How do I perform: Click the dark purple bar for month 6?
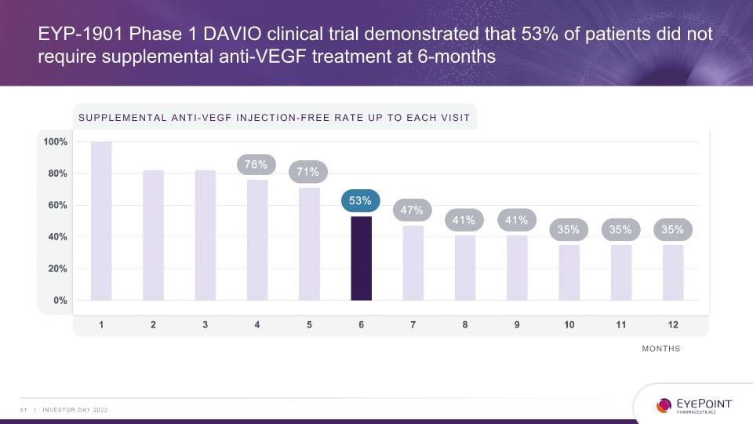tap(361, 258)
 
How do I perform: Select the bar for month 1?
tap(101, 221)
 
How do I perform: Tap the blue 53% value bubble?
tap(360, 200)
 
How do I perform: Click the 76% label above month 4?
tap(256, 164)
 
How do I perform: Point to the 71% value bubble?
tap(307, 172)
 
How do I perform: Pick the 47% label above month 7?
tap(412, 210)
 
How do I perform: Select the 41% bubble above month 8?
tap(464, 220)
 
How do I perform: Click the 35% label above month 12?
tap(672, 230)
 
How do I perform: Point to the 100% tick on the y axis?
tap(55, 142)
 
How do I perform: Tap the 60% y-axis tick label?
tap(57, 205)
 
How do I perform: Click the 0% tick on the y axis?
tap(60, 301)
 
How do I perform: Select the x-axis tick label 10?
tap(569, 325)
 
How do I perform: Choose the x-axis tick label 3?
tap(205, 325)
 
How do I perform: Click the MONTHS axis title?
tap(661, 349)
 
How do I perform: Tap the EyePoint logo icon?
tap(664, 405)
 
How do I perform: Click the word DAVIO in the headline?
tap(232, 34)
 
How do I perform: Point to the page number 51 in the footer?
tap(24, 410)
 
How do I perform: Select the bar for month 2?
tap(153, 236)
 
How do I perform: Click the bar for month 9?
tap(517, 268)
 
